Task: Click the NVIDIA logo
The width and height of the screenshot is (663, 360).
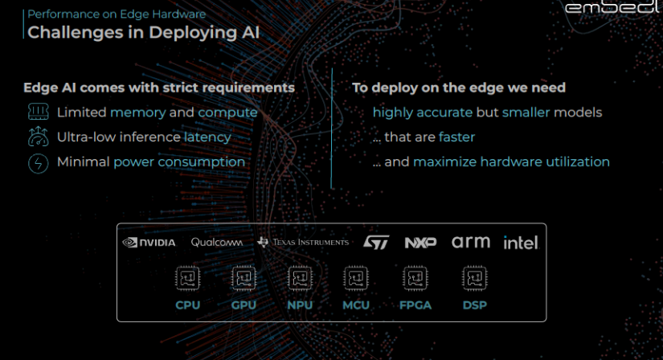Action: (x=149, y=243)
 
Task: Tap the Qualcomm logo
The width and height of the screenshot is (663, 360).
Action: (x=217, y=242)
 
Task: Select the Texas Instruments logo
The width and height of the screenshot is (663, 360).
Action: (x=303, y=242)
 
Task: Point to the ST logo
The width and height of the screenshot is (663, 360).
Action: (x=375, y=242)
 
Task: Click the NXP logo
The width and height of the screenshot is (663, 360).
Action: (x=420, y=242)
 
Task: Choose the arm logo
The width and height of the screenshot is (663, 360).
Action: (x=471, y=241)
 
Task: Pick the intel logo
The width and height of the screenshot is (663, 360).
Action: (x=521, y=242)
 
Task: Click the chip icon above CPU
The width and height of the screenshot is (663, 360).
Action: (x=187, y=279)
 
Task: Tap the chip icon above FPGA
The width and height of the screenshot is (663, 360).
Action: (x=415, y=279)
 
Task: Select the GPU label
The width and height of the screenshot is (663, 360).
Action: (x=244, y=305)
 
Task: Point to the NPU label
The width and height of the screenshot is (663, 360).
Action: (x=300, y=305)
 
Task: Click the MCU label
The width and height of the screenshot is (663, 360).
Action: (x=356, y=305)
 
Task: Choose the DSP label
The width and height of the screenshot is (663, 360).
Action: (x=474, y=305)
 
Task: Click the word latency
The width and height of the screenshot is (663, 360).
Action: (x=207, y=137)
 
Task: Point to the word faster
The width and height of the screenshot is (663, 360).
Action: (x=456, y=137)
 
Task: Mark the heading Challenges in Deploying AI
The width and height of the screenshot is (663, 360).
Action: (x=144, y=33)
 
